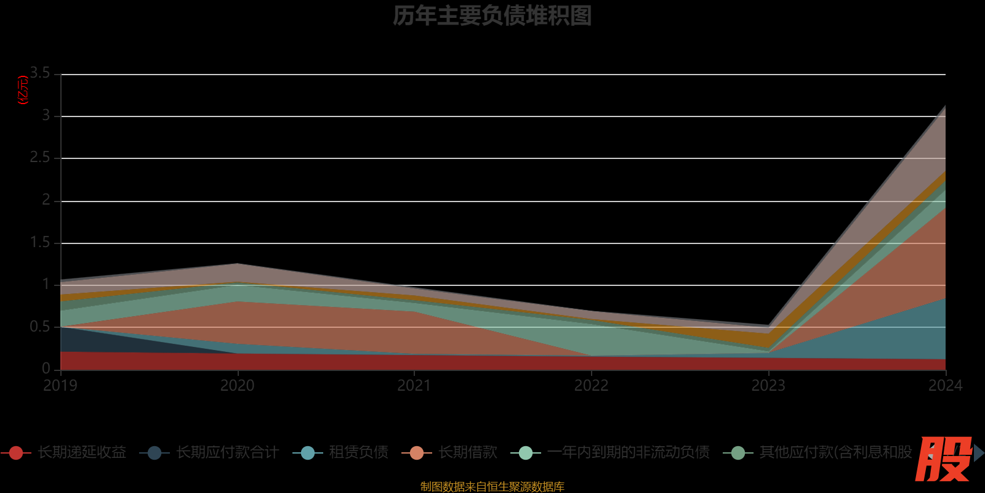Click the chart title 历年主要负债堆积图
[492, 16]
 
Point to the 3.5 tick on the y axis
[41, 73]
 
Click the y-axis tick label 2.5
[41, 158]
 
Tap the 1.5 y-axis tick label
[41, 243]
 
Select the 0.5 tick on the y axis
[41, 327]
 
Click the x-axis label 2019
[60, 386]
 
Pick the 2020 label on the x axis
[238, 386]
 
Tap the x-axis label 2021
[414, 386]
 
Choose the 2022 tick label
[592, 386]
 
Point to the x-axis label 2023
[768, 386]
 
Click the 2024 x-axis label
[945, 386]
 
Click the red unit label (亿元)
[23, 90]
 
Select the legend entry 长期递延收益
[81, 453]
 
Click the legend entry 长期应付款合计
[227, 453]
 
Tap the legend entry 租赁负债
[358, 453]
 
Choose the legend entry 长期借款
[468, 453]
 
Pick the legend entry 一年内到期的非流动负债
[628, 453]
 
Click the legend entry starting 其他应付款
[835, 453]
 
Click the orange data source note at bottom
[492, 487]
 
